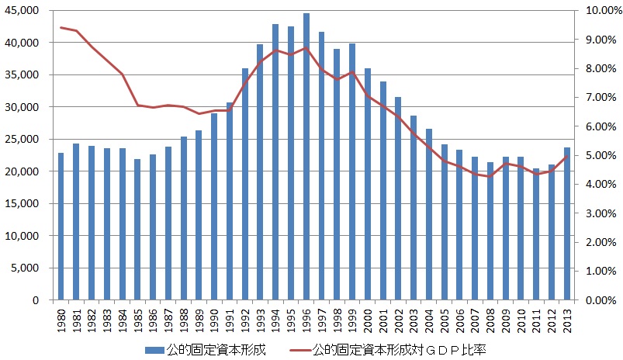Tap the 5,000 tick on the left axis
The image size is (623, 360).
pyautogui.click(x=30, y=268)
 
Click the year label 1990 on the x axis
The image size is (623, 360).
pyautogui.click(x=214, y=320)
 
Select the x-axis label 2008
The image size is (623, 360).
pyautogui.click(x=490, y=320)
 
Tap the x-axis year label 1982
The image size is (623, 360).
pyautogui.click(x=92, y=320)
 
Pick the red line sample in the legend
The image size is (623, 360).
pyautogui.click(x=298, y=351)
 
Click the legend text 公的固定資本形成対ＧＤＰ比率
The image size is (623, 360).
pyautogui.click(x=400, y=351)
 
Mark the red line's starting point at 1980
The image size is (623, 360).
pyautogui.click(x=61, y=27)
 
